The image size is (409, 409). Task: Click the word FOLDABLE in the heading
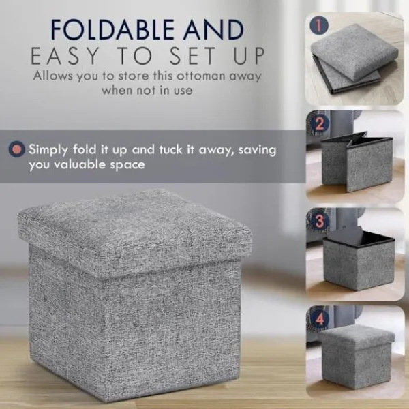tap(113, 29)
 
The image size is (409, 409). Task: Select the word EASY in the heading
tap(65, 56)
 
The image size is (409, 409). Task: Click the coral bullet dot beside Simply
tap(16, 149)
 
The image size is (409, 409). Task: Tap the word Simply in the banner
tap(48, 150)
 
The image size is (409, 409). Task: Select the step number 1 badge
tap(319, 25)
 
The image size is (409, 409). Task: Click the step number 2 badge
tap(320, 123)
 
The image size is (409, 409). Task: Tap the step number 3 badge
tap(319, 221)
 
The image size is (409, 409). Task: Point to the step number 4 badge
tap(320, 319)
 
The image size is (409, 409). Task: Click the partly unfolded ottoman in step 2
tap(357, 162)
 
